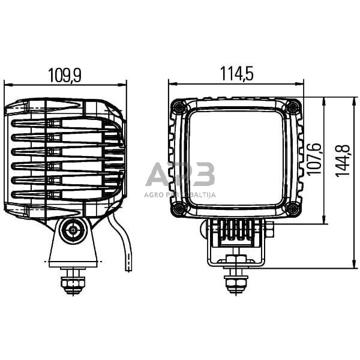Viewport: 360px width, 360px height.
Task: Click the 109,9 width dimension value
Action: pos(64,75)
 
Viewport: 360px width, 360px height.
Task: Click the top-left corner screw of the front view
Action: pos(178,107)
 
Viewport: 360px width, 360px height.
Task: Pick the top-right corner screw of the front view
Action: pos(293,107)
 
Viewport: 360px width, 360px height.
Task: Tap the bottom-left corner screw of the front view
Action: pos(178,209)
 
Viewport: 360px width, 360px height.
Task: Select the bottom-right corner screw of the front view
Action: pos(292,209)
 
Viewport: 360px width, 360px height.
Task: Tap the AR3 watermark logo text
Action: pos(180,176)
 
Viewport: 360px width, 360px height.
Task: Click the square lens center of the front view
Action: pos(235,158)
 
